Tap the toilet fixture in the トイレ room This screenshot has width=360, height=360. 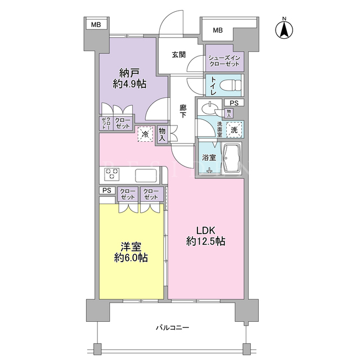230,85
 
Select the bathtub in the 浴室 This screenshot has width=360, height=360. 232,159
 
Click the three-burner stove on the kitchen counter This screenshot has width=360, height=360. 112,173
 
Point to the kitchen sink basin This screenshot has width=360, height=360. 146,175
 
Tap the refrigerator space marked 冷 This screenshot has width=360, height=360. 145,134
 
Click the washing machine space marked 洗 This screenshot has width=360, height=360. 234,130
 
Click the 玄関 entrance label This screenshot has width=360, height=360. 179,55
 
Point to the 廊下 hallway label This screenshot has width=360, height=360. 183,111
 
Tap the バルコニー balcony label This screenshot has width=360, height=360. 173,327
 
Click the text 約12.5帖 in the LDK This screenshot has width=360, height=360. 205,241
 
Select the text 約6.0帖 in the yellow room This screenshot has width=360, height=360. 131,258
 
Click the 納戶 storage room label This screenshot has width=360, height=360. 129,73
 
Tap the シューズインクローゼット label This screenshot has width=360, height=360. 224,61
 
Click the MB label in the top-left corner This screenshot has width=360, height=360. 96,25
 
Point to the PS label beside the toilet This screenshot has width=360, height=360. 234,103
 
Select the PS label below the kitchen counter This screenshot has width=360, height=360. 107,190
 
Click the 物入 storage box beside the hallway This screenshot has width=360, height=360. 162,134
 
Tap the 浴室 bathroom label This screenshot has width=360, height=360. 209,157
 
